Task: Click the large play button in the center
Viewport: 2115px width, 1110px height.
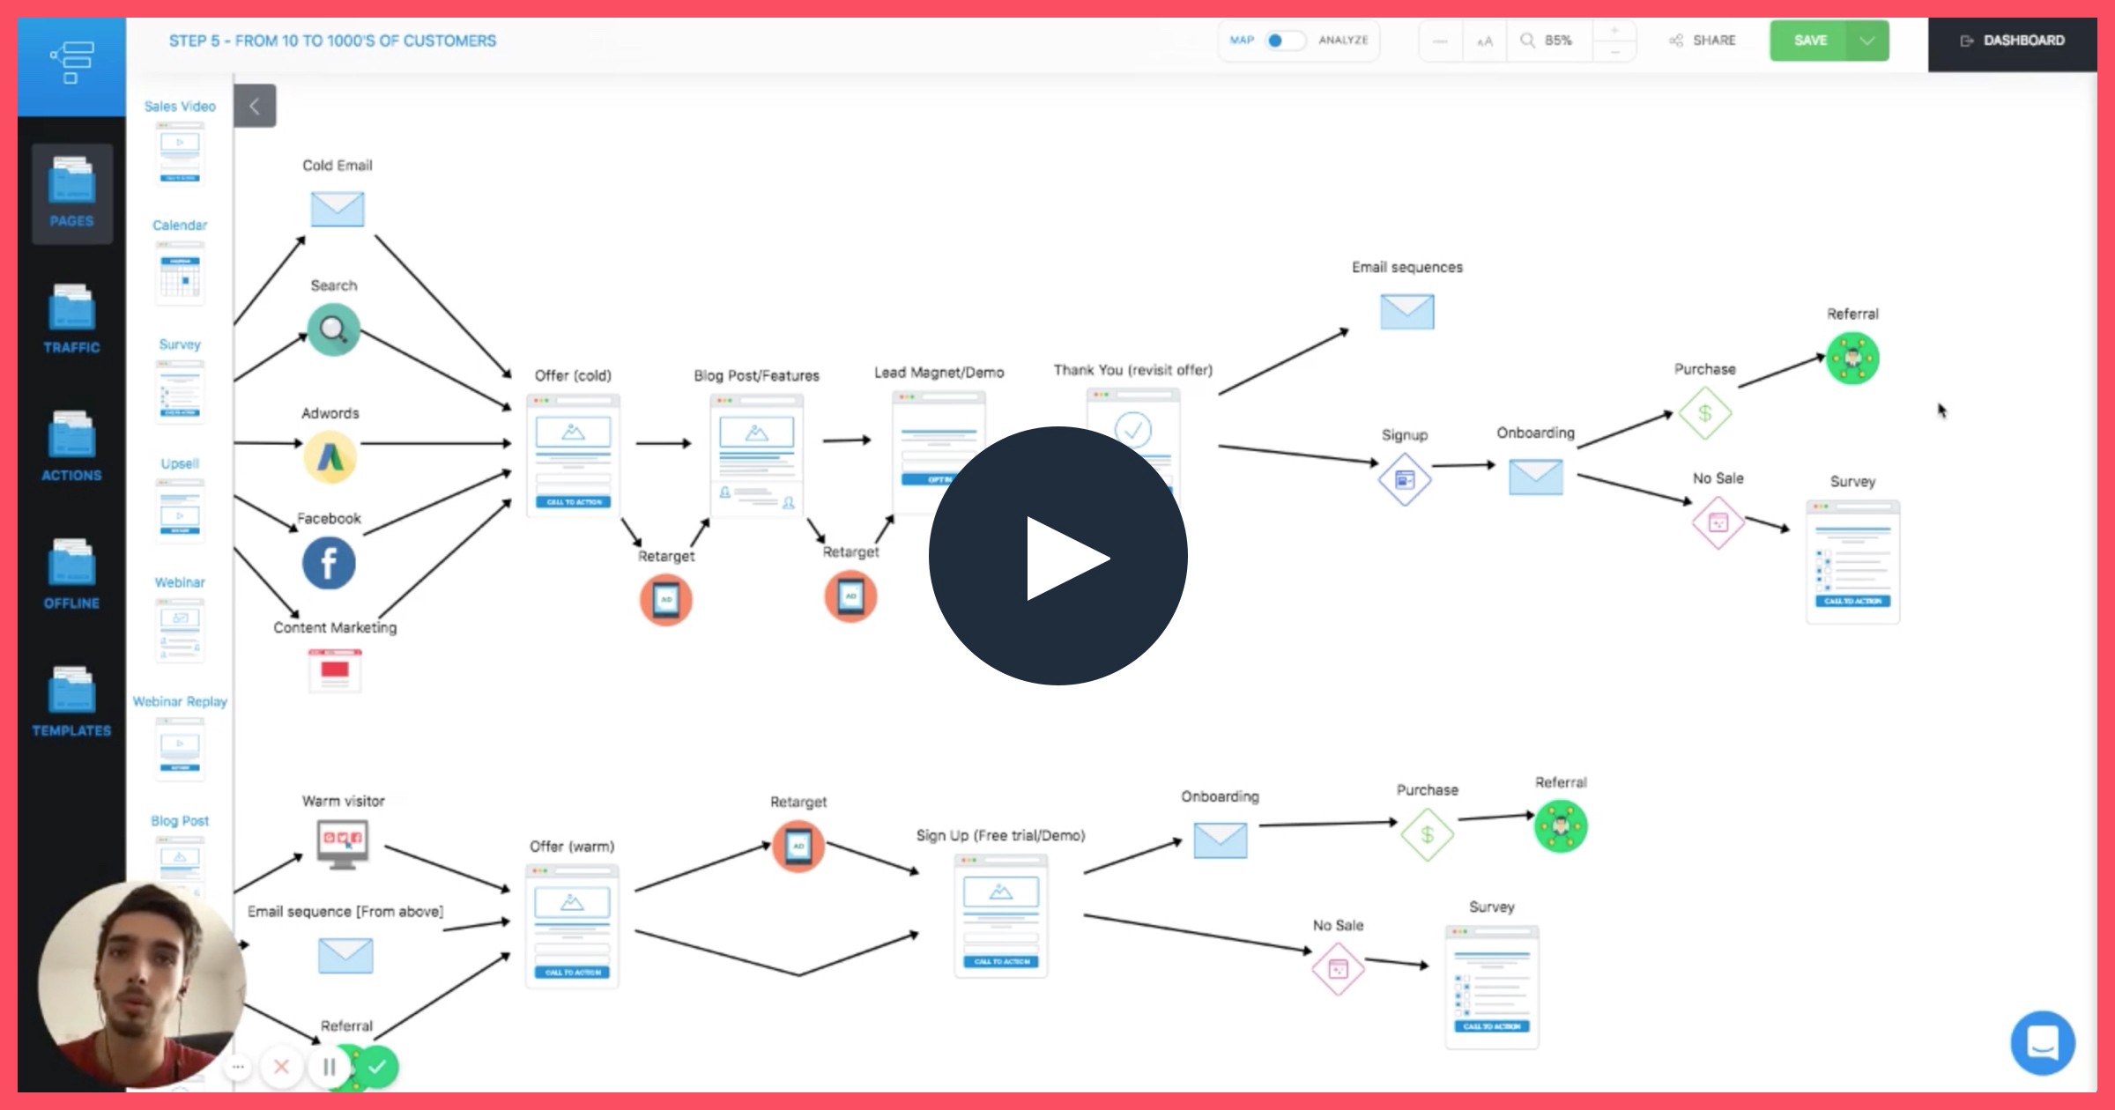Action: [x=1057, y=556]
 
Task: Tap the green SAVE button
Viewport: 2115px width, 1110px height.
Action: [x=1811, y=41]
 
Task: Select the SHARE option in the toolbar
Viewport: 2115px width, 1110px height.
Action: [x=1703, y=41]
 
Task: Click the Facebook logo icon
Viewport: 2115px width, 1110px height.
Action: [x=329, y=563]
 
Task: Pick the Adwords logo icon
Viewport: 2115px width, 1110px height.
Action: [x=330, y=456]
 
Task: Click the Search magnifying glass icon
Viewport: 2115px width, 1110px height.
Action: [x=333, y=329]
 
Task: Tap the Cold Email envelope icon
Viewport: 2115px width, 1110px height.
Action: [x=338, y=209]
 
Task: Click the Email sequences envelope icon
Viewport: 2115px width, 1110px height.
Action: [x=1406, y=311]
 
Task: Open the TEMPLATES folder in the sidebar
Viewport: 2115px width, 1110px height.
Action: [x=71, y=701]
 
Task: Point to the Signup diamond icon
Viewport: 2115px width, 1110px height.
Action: [x=1405, y=479]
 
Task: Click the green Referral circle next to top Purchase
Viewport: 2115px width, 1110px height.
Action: [x=1852, y=359]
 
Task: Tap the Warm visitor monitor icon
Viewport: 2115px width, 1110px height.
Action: [x=343, y=843]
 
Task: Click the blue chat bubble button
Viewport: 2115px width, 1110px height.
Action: [x=2042, y=1043]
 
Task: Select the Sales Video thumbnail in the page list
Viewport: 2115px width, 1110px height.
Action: [x=180, y=152]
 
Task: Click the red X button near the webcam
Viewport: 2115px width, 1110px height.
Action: [x=281, y=1067]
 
